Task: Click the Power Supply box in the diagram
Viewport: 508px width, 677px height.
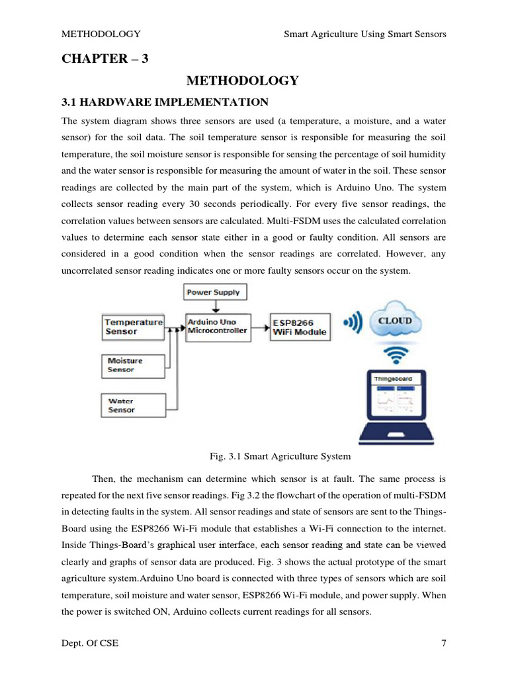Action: [x=213, y=292]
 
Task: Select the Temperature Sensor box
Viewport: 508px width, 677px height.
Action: [x=134, y=327]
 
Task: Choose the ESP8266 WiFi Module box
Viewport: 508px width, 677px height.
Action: [x=300, y=327]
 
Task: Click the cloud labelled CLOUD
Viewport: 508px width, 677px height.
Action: [x=395, y=321]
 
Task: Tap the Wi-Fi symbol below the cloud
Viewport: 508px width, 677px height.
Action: [x=396, y=356]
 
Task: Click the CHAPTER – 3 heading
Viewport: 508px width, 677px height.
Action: [x=105, y=59]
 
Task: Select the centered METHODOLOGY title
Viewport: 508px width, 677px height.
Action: [x=242, y=81]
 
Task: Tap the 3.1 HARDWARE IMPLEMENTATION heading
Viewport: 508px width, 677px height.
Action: [x=165, y=102]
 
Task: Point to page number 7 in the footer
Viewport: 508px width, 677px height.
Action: [x=443, y=643]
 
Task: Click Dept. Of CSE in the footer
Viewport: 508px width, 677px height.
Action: [x=90, y=643]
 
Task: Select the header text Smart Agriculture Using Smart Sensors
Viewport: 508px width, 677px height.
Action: [x=364, y=34]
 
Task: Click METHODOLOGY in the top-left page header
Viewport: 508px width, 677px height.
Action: [x=101, y=34]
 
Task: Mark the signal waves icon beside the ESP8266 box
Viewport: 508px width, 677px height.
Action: [x=353, y=323]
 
